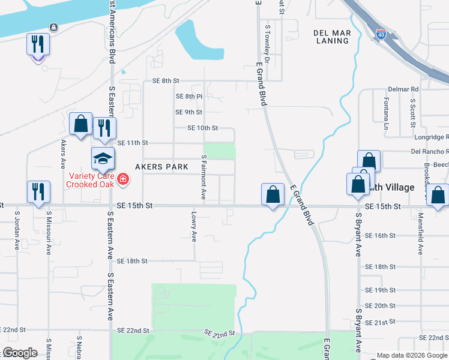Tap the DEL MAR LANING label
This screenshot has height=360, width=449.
pyautogui.click(x=331, y=37)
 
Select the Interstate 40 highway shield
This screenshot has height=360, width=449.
pyautogui.click(x=381, y=34)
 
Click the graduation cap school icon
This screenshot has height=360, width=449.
pyautogui.click(x=103, y=159)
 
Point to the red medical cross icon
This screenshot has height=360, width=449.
pyautogui.click(x=123, y=179)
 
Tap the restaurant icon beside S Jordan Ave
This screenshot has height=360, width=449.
pyautogui.click(x=38, y=192)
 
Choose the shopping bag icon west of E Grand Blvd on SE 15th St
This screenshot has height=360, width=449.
pyautogui.click(x=273, y=194)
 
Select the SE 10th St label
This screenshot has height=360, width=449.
pyautogui.click(x=202, y=128)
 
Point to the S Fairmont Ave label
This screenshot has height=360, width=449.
pyautogui.click(x=203, y=178)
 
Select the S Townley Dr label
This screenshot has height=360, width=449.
pyautogui.click(x=268, y=45)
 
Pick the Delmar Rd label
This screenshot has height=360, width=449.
pyautogui.click(x=402, y=89)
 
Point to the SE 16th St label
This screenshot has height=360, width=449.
pyautogui.click(x=380, y=236)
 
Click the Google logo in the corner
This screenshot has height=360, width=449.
pyautogui.click(x=20, y=352)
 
